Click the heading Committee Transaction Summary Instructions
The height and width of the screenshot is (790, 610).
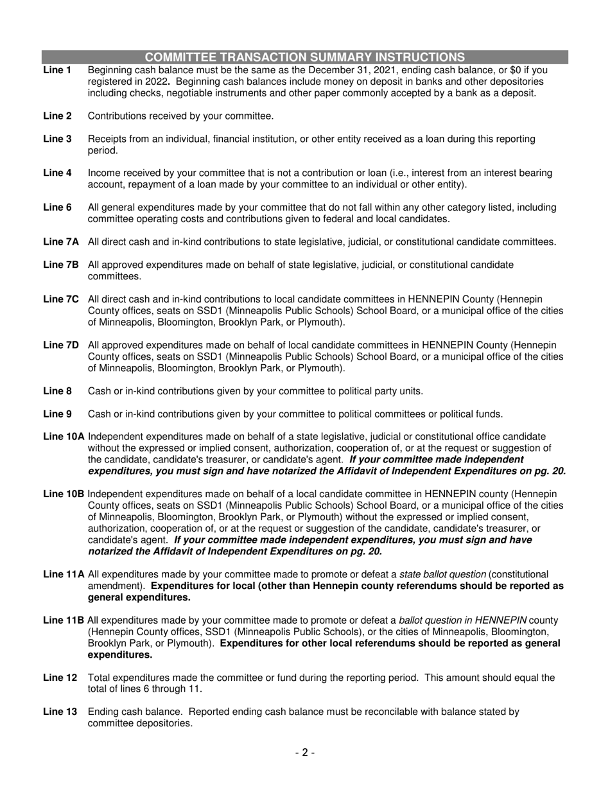coord(305,57)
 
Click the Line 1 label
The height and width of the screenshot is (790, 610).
coord(57,70)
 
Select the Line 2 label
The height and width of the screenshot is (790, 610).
coord(57,116)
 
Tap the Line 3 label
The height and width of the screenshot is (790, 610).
coord(57,139)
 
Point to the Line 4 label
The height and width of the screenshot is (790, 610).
coord(57,173)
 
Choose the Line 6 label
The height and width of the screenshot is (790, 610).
coord(57,207)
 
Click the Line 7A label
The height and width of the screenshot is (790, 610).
coord(61,242)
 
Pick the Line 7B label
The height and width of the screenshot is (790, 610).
coord(61,265)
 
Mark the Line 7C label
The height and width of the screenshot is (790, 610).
coord(61,299)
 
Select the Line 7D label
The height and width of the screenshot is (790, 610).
coord(61,345)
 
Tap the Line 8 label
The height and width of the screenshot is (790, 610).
coord(57,391)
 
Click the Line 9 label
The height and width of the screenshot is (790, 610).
coord(57,414)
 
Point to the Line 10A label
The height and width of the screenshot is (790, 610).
coord(64,437)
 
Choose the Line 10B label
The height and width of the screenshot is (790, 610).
coord(64,494)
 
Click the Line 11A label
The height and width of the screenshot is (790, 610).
coord(64,574)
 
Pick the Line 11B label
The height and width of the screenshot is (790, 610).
coord(64,620)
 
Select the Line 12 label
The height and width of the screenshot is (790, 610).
coord(60,678)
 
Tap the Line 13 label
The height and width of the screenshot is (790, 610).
coord(60,712)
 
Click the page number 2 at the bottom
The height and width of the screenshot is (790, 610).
coord(305,753)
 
